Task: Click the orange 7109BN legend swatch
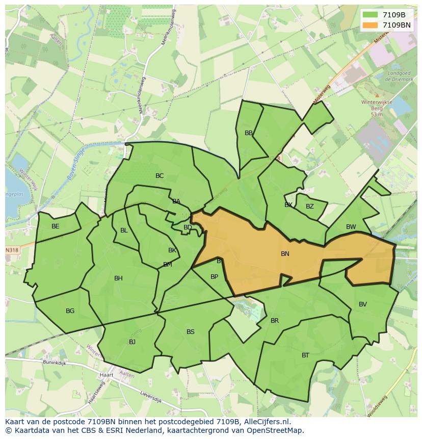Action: coord(371,25)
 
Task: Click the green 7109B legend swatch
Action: coord(371,15)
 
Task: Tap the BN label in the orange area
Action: coord(285,253)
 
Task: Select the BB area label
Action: coord(249,133)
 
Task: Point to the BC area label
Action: coord(160,176)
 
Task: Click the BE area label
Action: coord(56,226)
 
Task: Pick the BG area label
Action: coord(70,311)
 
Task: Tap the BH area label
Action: coord(118,278)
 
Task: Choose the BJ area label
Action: coord(132,342)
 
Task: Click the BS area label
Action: coord(190,332)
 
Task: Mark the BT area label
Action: coord(305,355)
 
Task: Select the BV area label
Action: coord(363,304)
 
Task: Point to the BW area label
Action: coord(351,227)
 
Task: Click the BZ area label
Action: coord(310,206)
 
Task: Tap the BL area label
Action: coord(124,230)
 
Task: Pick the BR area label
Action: coord(275,321)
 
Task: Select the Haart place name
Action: coord(107,375)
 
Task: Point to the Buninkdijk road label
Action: coord(55,363)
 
